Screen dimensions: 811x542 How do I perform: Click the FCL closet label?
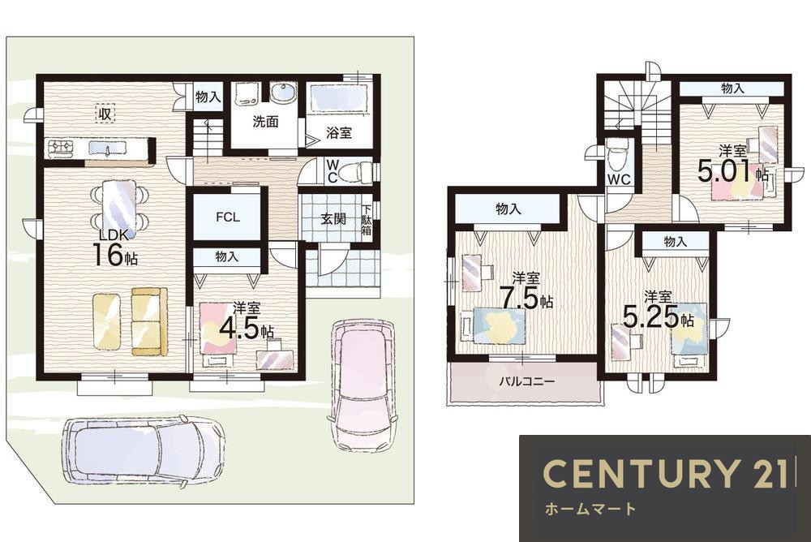[x=228, y=217]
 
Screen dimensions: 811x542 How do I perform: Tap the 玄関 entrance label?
[x=333, y=219]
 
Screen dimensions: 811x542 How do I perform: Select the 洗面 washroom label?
[x=265, y=122]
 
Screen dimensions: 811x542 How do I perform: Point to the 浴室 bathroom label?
[x=339, y=132]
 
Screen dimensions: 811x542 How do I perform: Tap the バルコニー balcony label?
[x=526, y=382]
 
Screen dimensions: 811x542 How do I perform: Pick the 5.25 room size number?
[x=650, y=316]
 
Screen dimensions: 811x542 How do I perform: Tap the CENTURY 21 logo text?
[x=665, y=473]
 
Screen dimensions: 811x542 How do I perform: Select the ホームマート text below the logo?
[x=590, y=509]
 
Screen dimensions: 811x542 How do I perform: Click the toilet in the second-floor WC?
[x=617, y=157]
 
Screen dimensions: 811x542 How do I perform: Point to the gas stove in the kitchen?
[x=61, y=148]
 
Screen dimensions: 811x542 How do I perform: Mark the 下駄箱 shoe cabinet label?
[x=367, y=220]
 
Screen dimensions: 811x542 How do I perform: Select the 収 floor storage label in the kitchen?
[x=105, y=114]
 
